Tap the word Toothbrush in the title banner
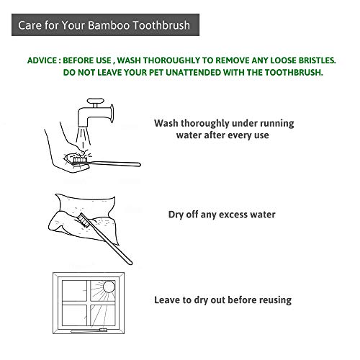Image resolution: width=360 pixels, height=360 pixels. [x=161, y=25]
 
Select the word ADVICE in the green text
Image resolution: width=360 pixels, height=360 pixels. [x=42, y=60]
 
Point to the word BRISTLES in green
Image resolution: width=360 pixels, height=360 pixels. [x=317, y=60]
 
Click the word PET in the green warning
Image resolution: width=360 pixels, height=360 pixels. [x=156, y=73]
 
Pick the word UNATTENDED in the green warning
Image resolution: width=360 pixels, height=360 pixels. [x=194, y=73]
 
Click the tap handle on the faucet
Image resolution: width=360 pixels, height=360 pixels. [x=96, y=100]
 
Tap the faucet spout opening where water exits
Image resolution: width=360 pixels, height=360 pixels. [x=83, y=126]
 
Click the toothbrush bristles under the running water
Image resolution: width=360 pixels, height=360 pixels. [x=80, y=160]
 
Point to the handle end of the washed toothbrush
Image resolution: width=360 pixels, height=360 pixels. [x=139, y=164]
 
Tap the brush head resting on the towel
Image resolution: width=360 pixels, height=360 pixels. [x=84, y=220]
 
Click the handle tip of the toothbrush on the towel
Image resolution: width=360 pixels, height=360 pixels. [x=130, y=263]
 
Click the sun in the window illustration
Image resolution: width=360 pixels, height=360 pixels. [x=109, y=287]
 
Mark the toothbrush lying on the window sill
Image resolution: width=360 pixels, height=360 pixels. [x=89, y=330]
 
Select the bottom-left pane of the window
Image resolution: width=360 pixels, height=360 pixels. [x=74, y=315]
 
